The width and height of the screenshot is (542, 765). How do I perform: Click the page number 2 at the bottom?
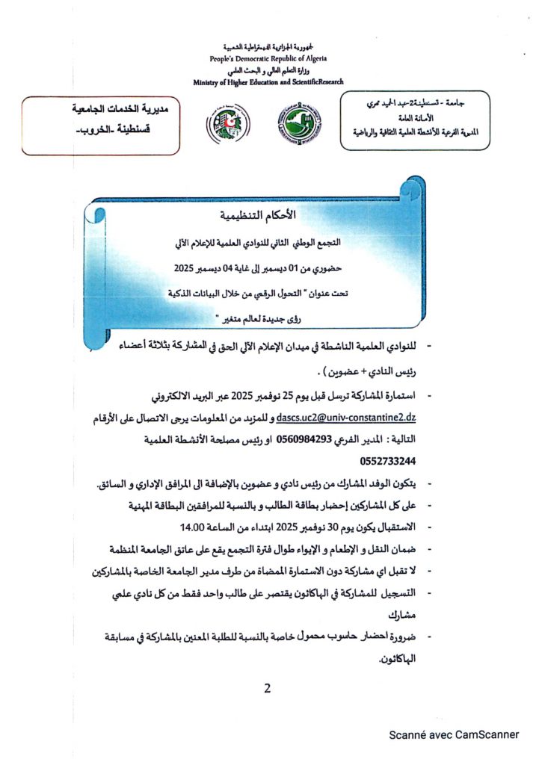267,688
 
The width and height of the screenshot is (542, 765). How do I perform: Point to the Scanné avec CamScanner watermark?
453,736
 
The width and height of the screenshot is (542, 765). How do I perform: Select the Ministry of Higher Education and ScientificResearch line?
268,82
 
